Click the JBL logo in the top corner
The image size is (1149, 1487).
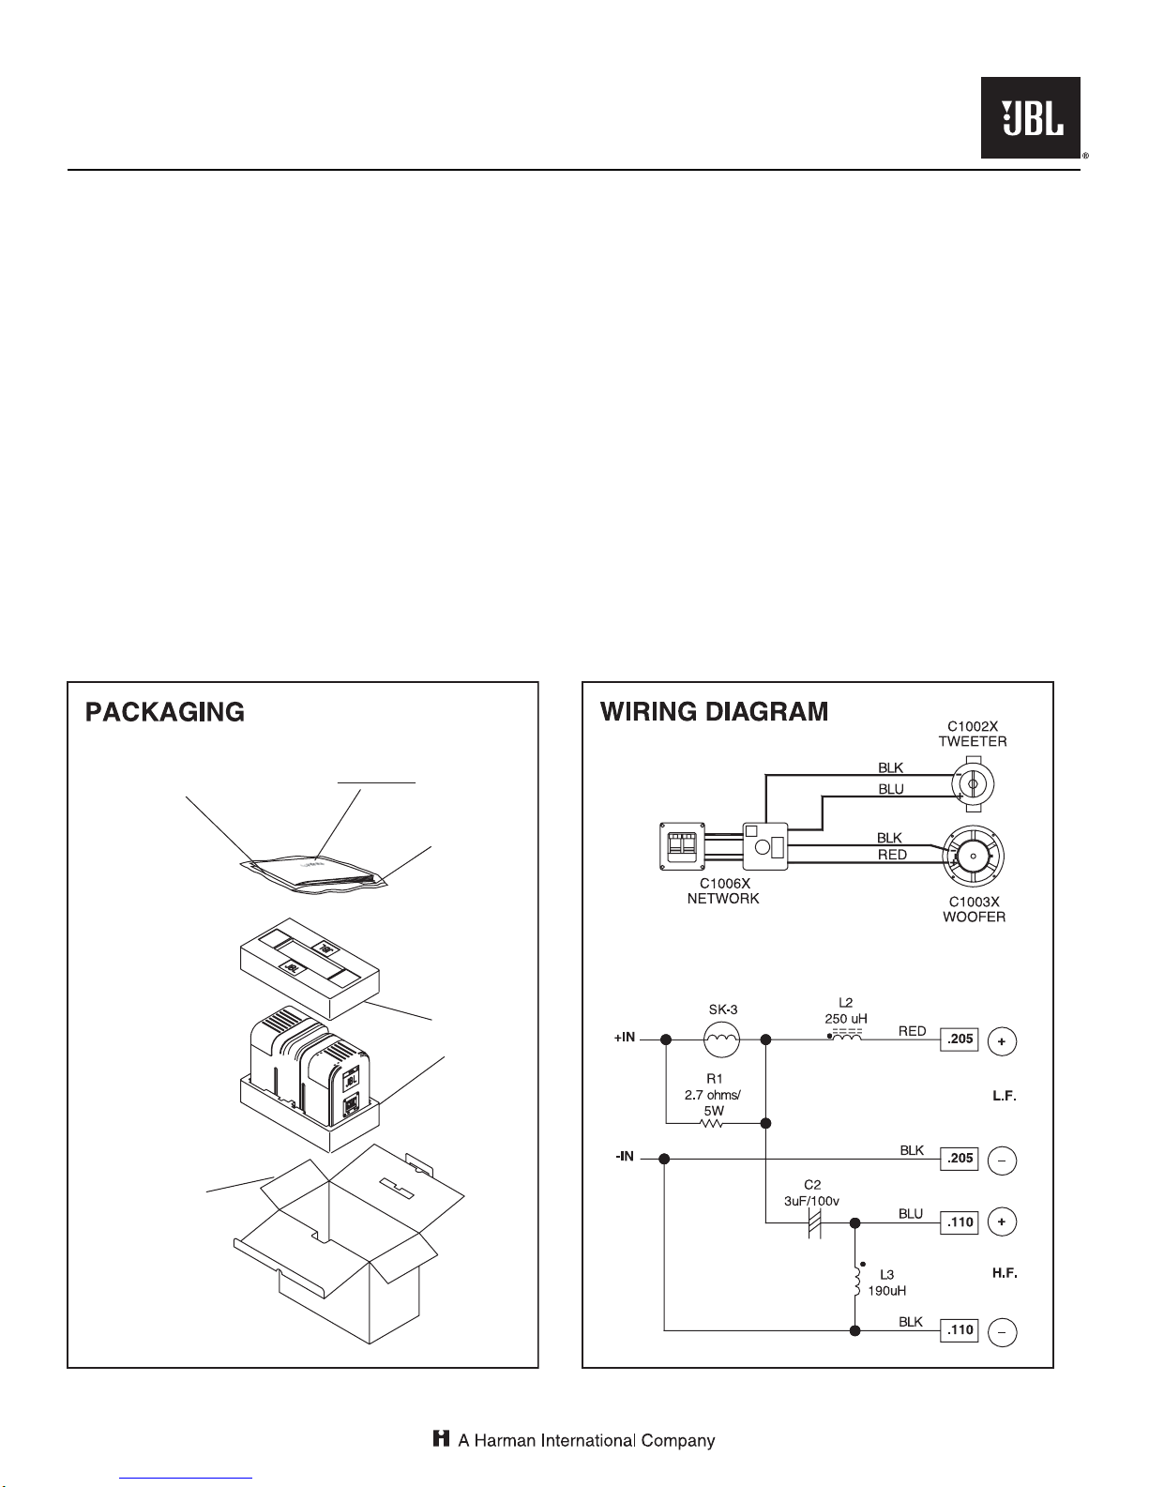click(x=1031, y=117)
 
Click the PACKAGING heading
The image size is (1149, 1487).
click(x=165, y=712)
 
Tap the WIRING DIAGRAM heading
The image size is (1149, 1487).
click(x=714, y=712)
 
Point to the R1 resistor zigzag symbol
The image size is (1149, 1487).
click(x=713, y=1123)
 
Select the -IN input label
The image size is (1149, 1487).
click(x=625, y=1157)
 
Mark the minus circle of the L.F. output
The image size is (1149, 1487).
click(x=1002, y=1161)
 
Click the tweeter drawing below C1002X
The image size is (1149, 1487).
click(x=973, y=784)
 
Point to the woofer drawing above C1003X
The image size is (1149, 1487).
click(x=973, y=856)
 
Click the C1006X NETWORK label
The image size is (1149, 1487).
click(x=723, y=891)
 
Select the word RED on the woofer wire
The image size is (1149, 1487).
click(x=892, y=855)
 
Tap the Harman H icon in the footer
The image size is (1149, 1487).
click(x=441, y=1440)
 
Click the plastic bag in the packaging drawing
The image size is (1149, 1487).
click(x=313, y=873)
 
